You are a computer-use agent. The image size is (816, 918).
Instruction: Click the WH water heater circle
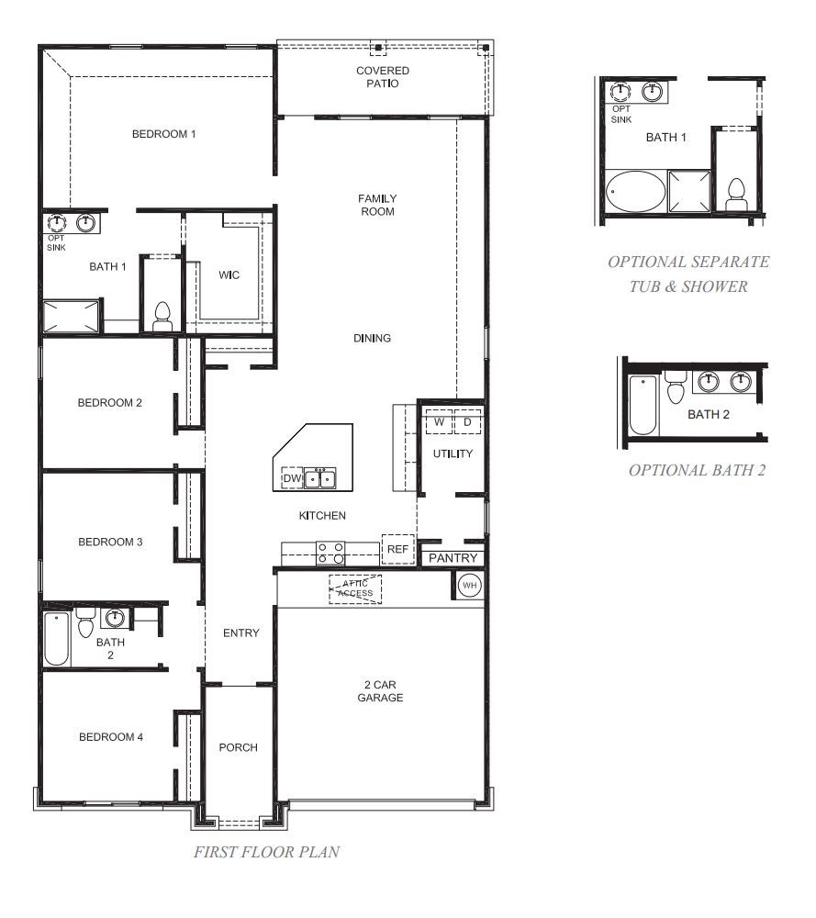pyautogui.click(x=469, y=586)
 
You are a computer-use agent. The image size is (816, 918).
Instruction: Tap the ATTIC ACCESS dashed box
pyautogui.click(x=355, y=588)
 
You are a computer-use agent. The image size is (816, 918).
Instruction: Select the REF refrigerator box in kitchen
pyautogui.click(x=397, y=549)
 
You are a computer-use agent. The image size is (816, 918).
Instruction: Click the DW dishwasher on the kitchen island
pyautogui.click(x=292, y=478)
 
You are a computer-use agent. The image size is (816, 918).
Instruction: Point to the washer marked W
pyautogui.click(x=439, y=422)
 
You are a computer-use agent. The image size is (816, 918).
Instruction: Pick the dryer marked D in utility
pyautogui.click(x=466, y=422)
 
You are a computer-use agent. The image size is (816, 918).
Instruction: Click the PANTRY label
pyautogui.click(x=453, y=558)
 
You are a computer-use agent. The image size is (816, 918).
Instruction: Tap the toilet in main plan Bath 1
pyautogui.click(x=163, y=317)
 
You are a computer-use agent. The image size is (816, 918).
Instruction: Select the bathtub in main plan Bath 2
pyautogui.click(x=57, y=638)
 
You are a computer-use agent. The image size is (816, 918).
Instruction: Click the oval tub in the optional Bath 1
pyautogui.click(x=633, y=192)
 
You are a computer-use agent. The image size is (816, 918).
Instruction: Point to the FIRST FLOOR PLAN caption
pyautogui.click(x=266, y=852)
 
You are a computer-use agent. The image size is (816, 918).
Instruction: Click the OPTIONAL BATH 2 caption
pyautogui.click(x=697, y=470)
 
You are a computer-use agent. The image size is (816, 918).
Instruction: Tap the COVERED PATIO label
pyautogui.click(x=383, y=77)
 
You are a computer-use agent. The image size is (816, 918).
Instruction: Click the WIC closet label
pyautogui.click(x=229, y=274)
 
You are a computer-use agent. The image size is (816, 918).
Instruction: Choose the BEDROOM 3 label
pyautogui.click(x=110, y=542)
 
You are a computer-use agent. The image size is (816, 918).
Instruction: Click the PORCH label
pyautogui.click(x=238, y=747)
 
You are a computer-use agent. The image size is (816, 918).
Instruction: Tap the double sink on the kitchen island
pyautogui.click(x=320, y=478)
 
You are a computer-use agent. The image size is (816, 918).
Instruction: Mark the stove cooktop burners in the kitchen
pyautogui.click(x=331, y=552)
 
